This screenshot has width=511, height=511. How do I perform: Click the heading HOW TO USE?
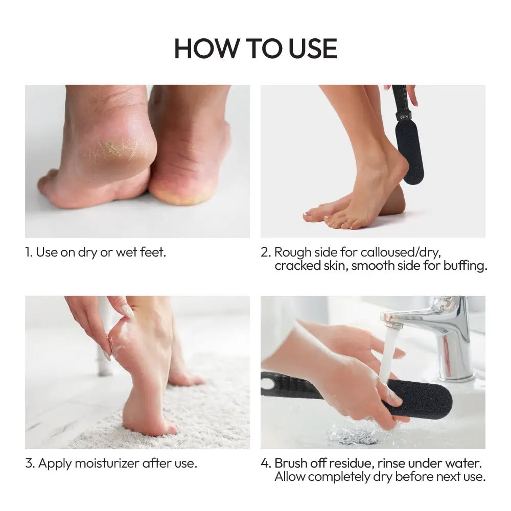pos(255,48)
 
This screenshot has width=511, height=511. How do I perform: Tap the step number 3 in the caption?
pos(29,463)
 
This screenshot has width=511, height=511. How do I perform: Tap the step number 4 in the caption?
pos(265,463)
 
